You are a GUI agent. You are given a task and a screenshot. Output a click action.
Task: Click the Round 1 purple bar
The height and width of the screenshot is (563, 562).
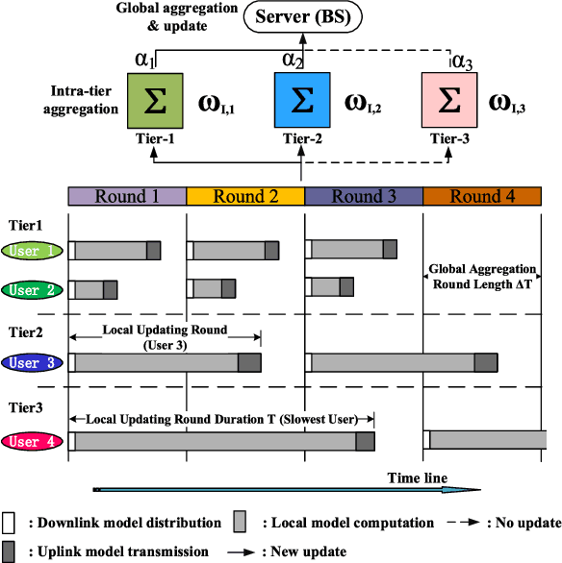126,197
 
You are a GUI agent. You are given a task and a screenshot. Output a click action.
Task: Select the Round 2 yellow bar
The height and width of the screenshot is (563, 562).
244,197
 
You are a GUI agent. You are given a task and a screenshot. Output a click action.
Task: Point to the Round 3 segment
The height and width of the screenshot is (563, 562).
364,197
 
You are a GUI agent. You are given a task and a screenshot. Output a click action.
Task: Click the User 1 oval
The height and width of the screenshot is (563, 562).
33,252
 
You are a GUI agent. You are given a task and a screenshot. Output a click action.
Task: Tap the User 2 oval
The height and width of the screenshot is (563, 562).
33,289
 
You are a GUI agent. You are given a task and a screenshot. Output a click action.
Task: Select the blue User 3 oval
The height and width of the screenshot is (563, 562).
33,363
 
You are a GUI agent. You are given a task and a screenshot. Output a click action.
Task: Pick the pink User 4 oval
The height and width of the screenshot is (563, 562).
33,441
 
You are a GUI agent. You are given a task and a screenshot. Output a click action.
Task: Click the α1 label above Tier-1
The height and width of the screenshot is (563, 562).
145,60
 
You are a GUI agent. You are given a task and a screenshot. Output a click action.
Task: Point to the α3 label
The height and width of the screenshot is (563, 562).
463,61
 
